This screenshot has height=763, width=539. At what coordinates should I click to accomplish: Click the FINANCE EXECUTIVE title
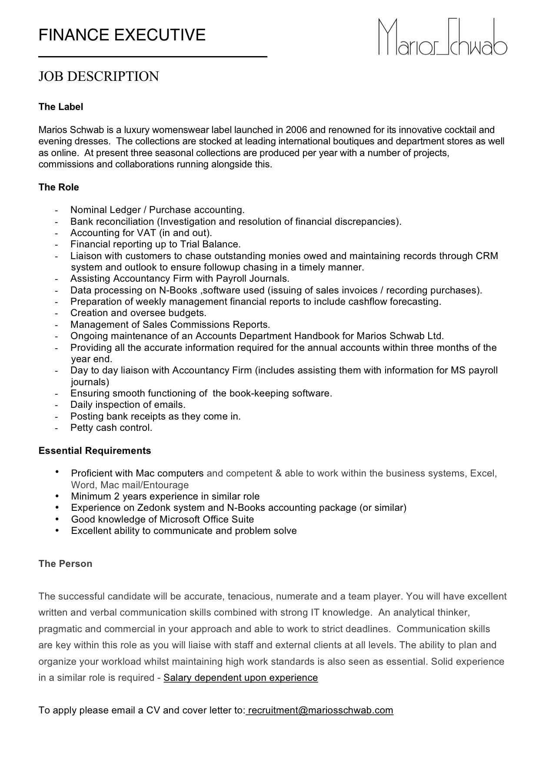pyautogui.click(x=122, y=35)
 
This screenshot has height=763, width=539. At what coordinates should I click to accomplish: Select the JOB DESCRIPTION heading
pyautogui.click(x=99, y=77)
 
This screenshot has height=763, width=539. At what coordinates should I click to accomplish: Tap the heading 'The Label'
pyautogui.click(x=60, y=107)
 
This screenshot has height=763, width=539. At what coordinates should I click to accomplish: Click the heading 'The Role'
pyautogui.click(x=59, y=187)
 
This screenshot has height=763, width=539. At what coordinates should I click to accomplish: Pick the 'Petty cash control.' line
pyautogui.click(x=111, y=428)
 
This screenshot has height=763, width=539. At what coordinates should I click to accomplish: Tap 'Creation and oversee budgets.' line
pyautogui.click(x=138, y=313)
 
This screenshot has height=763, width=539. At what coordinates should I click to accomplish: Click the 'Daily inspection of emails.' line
pyautogui.click(x=128, y=405)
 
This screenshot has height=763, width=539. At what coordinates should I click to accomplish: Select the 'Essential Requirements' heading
pyautogui.click(x=95, y=451)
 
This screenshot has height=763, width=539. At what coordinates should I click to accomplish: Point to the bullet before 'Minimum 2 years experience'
pyautogui.click(x=57, y=496)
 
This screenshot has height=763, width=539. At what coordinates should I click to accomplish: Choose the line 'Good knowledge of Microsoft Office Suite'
pyautogui.click(x=162, y=520)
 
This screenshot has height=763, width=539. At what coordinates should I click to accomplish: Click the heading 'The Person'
pyautogui.click(x=65, y=564)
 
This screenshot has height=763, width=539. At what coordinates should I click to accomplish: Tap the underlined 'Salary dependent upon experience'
pyautogui.click(x=240, y=678)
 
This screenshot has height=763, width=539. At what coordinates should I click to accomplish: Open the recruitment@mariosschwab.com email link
pyautogui.click(x=320, y=710)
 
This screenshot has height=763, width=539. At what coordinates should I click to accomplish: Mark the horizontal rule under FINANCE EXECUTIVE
pyautogui.click(x=153, y=57)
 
